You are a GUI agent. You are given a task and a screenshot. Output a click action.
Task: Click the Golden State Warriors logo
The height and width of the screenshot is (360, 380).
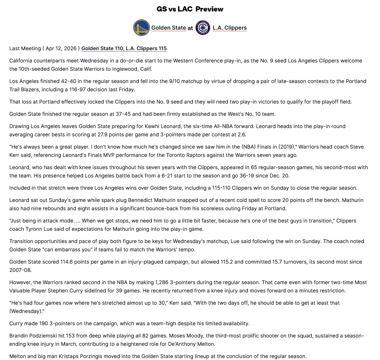pyautogui.click(x=142, y=28)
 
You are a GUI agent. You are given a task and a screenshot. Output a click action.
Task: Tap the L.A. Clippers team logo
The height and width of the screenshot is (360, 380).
pyautogui.click(x=203, y=28)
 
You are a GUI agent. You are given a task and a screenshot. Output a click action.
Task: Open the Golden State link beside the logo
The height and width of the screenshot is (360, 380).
pyautogui.click(x=168, y=28)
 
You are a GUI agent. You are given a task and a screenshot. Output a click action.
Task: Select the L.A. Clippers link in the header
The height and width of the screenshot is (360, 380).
pyautogui.click(x=229, y=28)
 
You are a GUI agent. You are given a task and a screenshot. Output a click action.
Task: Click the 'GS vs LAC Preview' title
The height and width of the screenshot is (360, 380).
pyautogui.click(x=190, y=9)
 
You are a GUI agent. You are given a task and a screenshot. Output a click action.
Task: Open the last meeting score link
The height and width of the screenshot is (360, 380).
pyautogui.click(x=124, y=49)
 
